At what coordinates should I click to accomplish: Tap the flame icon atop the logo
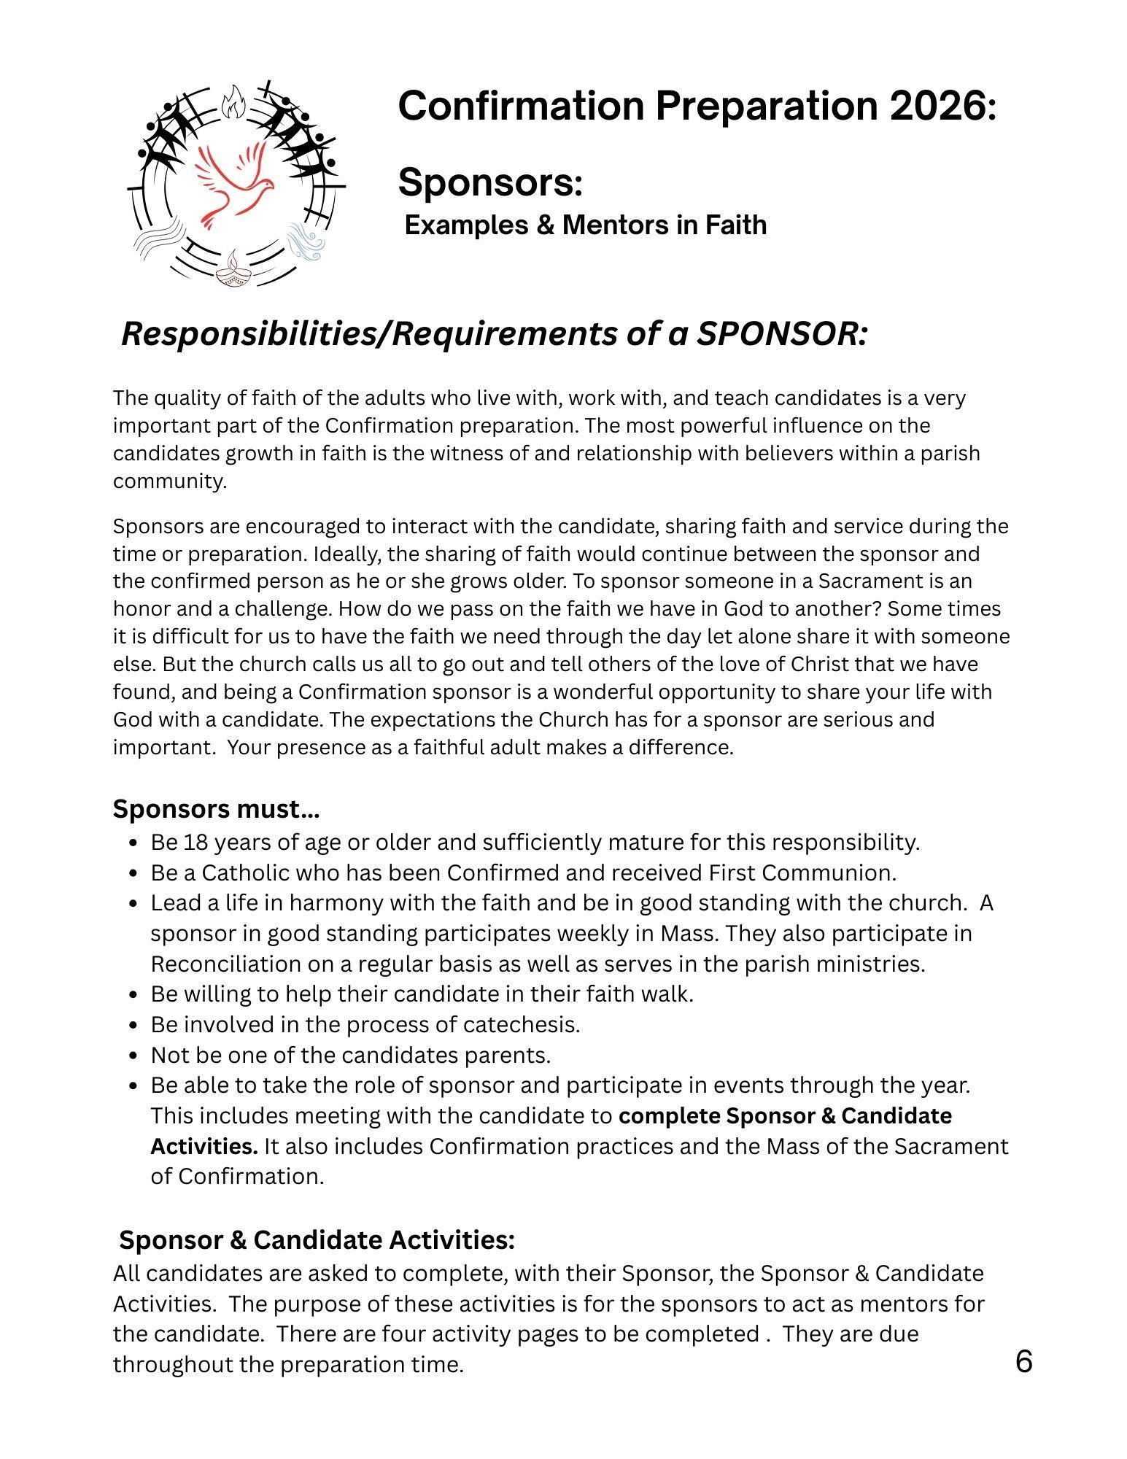(233, 101)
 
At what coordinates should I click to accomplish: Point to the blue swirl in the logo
(305, 241)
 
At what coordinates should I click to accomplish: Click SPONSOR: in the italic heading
(781, 334)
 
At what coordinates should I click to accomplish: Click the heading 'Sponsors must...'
(216, 809)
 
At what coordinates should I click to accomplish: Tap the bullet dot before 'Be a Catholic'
(133, 873)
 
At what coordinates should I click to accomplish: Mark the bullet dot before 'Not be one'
(133, 1056)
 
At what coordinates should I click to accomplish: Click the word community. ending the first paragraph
(170, 481)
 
